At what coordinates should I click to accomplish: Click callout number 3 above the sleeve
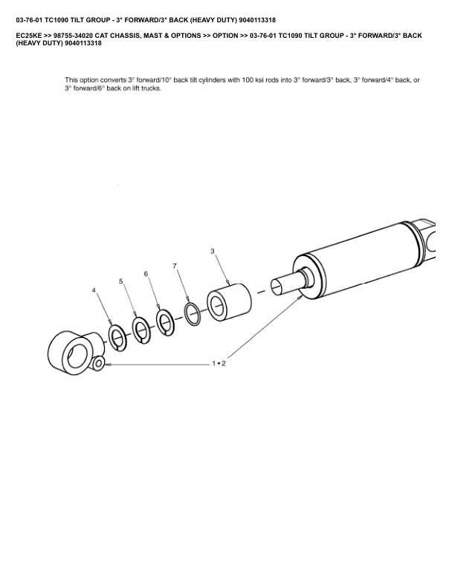pyautogui.click(x=213, y=251)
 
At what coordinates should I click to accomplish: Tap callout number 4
pyautogui.click(x=94, y=290)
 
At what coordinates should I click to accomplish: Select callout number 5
pyautogui.click(x=121, y=281)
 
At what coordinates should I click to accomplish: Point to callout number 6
pyautogui.click(x=146, y=274)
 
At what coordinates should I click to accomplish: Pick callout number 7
pyautogui.click(x=175, y=266)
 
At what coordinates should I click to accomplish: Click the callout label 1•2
pyautogui.click(x=219, y=363)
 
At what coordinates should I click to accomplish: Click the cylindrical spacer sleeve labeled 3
pyautogui.click(x=229, y=302)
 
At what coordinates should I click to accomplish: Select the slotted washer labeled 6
pyautogui.click(x=165, y=322)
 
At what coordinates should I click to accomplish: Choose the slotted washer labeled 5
pyautogui.click(x=141, y=330)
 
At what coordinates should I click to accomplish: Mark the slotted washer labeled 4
pyautogui.click(x=117, y=338)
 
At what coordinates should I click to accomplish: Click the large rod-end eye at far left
pyautogui.click(x=74, y=352)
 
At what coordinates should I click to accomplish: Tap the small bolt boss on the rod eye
pyautogui.click(x=99, y=363)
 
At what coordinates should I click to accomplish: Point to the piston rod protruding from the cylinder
pyautogui.click(x=288, y=286)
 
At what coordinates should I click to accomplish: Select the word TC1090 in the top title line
pyautogui.click(x=56, y=20)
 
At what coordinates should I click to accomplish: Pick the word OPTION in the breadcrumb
pyautogui.click(x=225, y=36)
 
